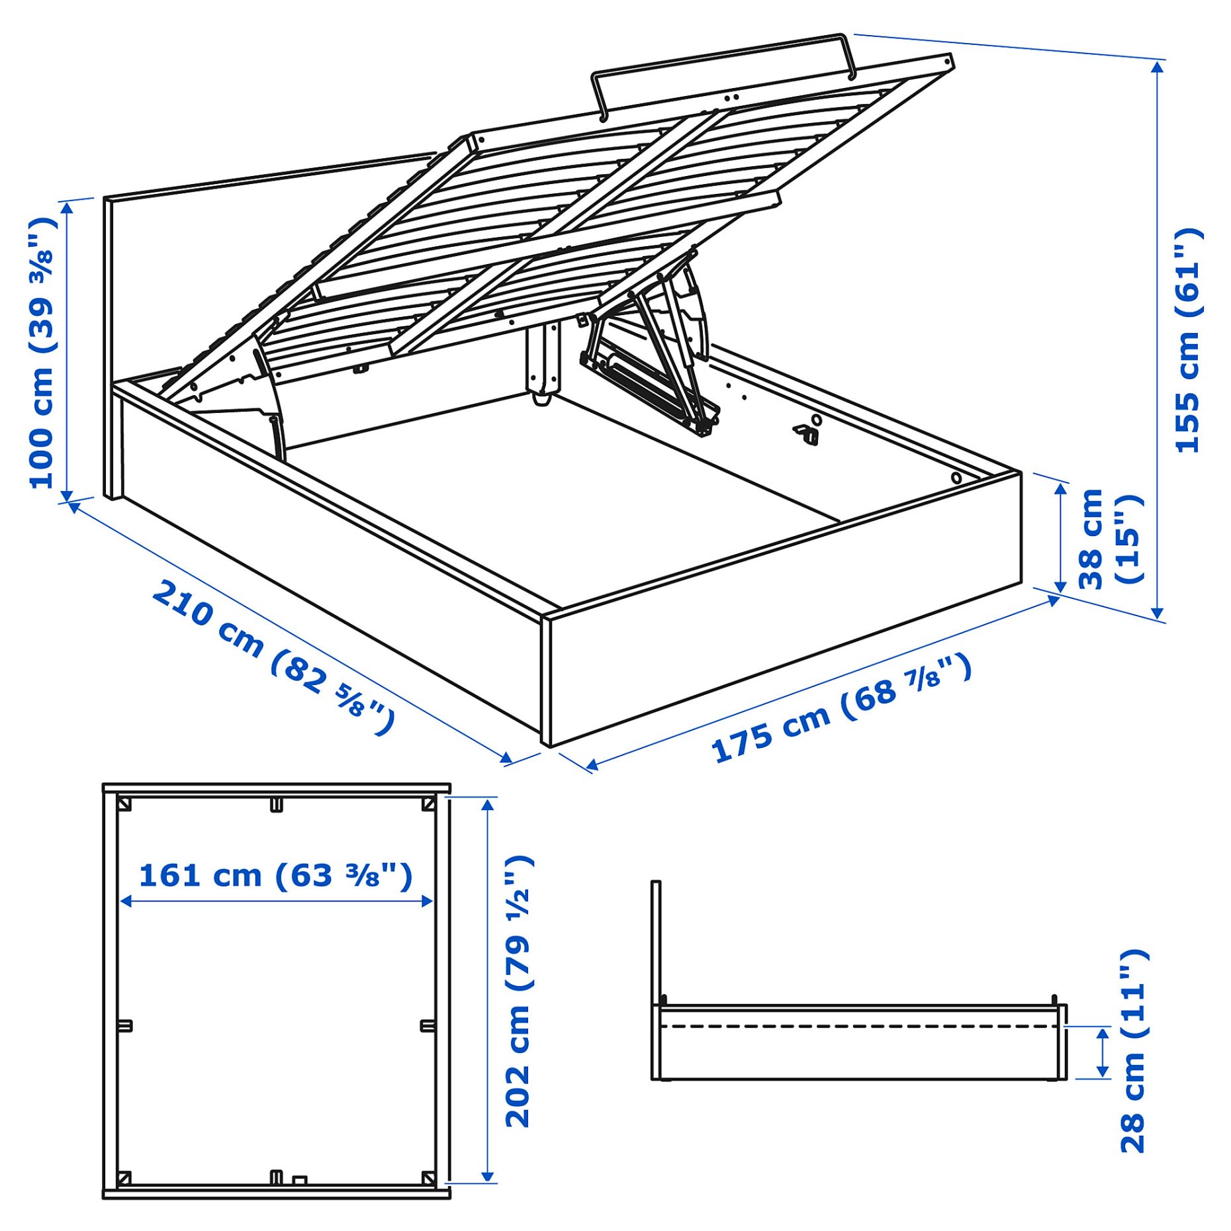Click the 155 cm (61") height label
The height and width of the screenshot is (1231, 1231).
[1188, 341]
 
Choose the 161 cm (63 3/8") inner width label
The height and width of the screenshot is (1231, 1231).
[275, 876]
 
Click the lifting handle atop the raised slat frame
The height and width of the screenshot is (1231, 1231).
[721, 56]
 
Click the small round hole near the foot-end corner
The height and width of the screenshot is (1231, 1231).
[956, 478]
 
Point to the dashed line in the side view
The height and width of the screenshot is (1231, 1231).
[860, 1026]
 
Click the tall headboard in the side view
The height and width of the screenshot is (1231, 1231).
[656, 943]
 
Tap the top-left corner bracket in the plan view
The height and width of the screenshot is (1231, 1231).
[124, 804]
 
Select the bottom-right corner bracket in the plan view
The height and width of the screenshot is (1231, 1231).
[428, 1178]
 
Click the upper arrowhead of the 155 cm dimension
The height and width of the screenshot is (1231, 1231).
[1158, 66]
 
